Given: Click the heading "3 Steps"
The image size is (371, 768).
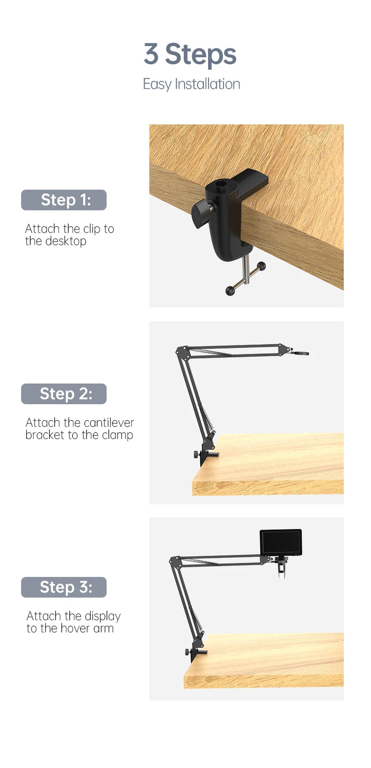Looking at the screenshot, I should (x=190, y=54).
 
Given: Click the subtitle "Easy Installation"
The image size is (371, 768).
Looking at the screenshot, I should (x=191, y=84).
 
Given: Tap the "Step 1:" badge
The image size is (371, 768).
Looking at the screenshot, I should (x=64, y=200).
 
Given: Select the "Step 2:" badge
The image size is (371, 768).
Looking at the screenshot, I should (x=64, y=393).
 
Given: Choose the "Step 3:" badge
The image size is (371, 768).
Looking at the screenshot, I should (x=64, y=587).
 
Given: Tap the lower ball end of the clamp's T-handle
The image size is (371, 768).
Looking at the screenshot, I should (x=230, y=291).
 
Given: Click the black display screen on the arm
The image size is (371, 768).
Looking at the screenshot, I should (x=281, y=542).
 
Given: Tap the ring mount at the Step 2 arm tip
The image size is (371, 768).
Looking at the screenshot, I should (x=302, y=353).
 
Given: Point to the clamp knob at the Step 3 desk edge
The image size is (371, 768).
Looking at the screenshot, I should (x=187, y=652).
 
